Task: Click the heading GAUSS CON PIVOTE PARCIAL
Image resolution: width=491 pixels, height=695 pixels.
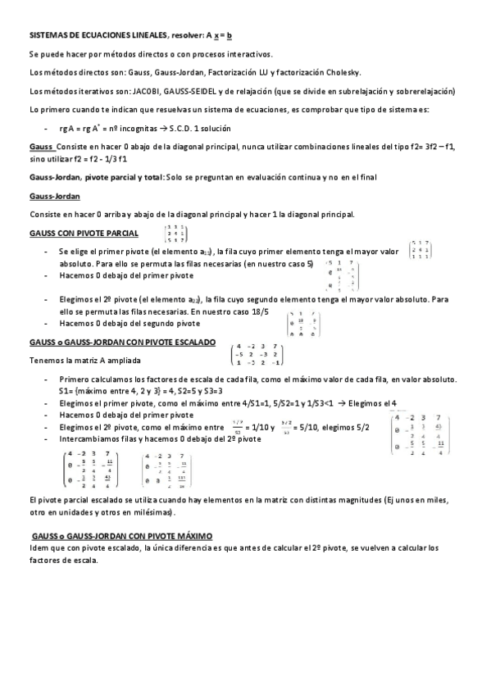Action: pos(78,234)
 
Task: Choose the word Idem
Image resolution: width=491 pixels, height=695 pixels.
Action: pos(38,547)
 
